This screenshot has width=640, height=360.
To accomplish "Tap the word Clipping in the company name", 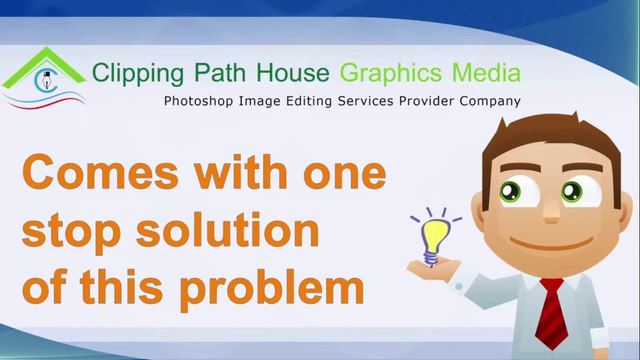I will (131, 73).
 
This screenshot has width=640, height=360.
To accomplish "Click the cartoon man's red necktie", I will (553, 314).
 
